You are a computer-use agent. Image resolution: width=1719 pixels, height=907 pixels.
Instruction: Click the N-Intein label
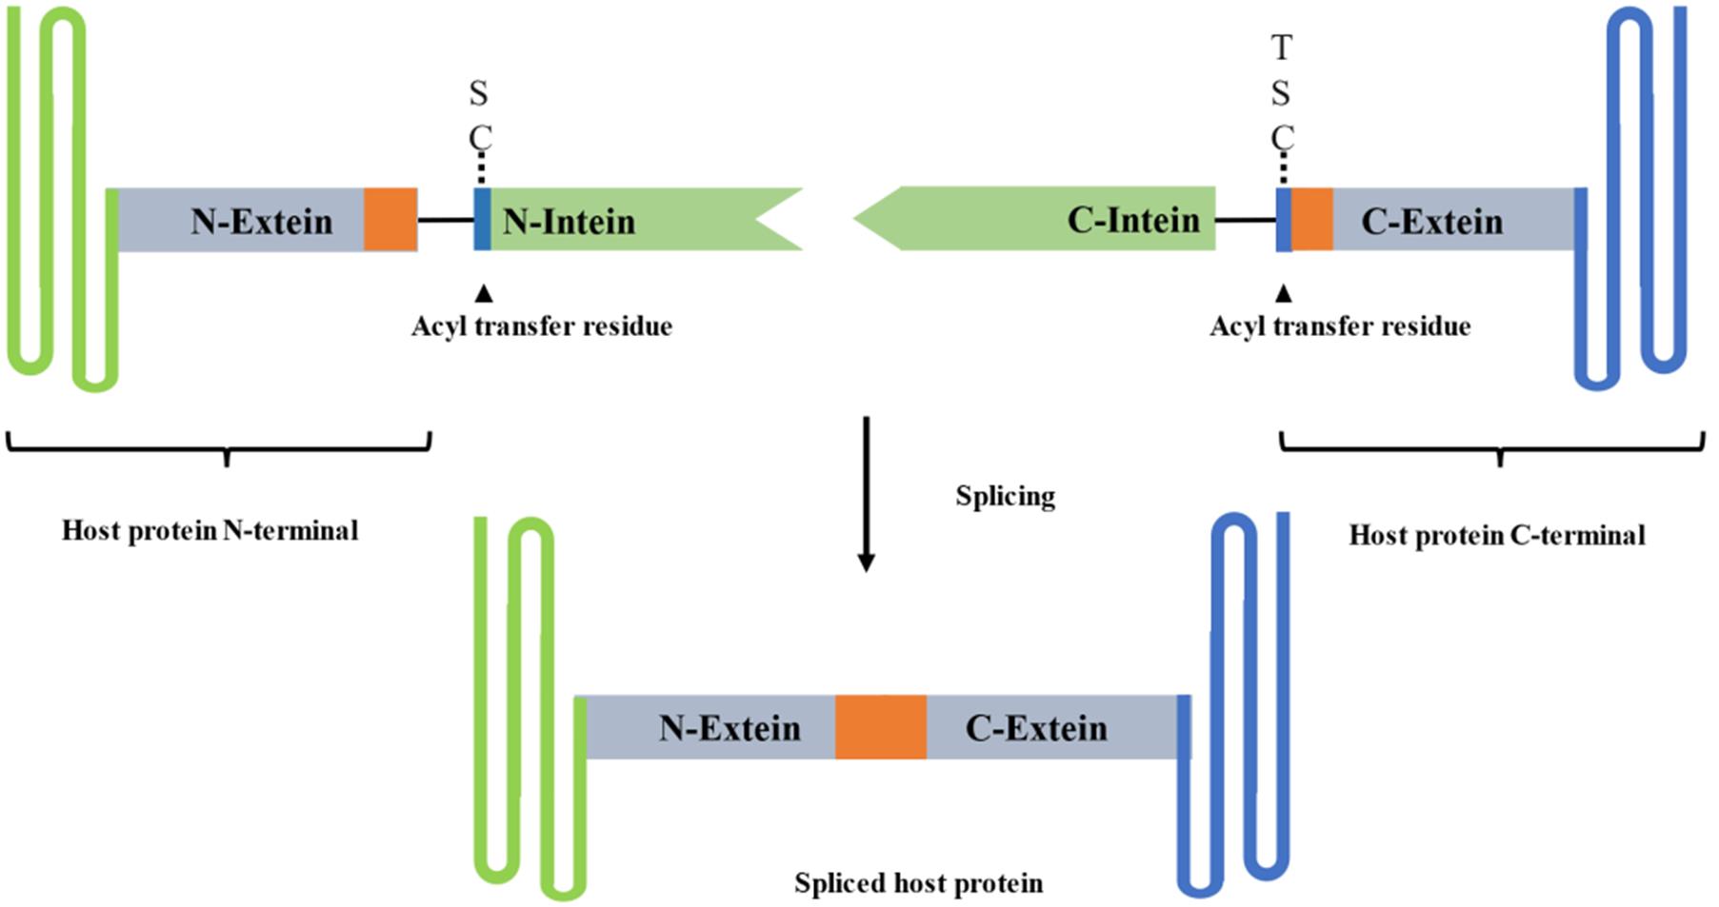pos(569,222)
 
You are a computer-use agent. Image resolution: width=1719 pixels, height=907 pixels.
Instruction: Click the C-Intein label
pos(1132,221)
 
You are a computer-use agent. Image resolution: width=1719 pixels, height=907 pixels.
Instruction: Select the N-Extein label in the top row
pos(261,222)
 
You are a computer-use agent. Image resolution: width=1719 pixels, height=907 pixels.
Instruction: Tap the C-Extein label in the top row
pos(1431,222)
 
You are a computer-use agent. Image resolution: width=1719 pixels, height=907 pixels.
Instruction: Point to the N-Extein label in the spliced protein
pos(730,729)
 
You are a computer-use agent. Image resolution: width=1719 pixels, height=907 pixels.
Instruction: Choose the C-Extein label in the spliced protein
pos(1036,729)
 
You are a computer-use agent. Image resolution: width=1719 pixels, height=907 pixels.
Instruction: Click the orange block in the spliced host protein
pos(881,728)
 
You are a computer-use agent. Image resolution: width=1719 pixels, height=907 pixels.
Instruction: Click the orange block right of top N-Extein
pos(390,220)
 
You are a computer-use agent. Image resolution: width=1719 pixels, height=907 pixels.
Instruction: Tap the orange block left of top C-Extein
pos(1312,220)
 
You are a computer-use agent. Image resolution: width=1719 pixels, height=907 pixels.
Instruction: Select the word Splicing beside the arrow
pos(1005,496)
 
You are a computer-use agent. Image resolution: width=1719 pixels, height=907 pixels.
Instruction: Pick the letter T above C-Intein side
pos(1282,47)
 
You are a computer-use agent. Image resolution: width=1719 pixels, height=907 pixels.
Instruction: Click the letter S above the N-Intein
pos(479,93)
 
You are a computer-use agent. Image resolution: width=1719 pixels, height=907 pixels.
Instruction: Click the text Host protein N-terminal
pos(210,530)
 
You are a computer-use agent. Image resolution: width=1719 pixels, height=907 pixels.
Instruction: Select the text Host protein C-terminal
pos(1497,535)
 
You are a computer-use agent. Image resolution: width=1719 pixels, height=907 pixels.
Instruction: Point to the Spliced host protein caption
pos(918,883)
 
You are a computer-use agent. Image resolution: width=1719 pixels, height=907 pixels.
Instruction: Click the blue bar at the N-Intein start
pos(483,220)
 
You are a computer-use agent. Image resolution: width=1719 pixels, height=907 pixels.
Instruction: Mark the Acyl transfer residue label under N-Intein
pos(542,326)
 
